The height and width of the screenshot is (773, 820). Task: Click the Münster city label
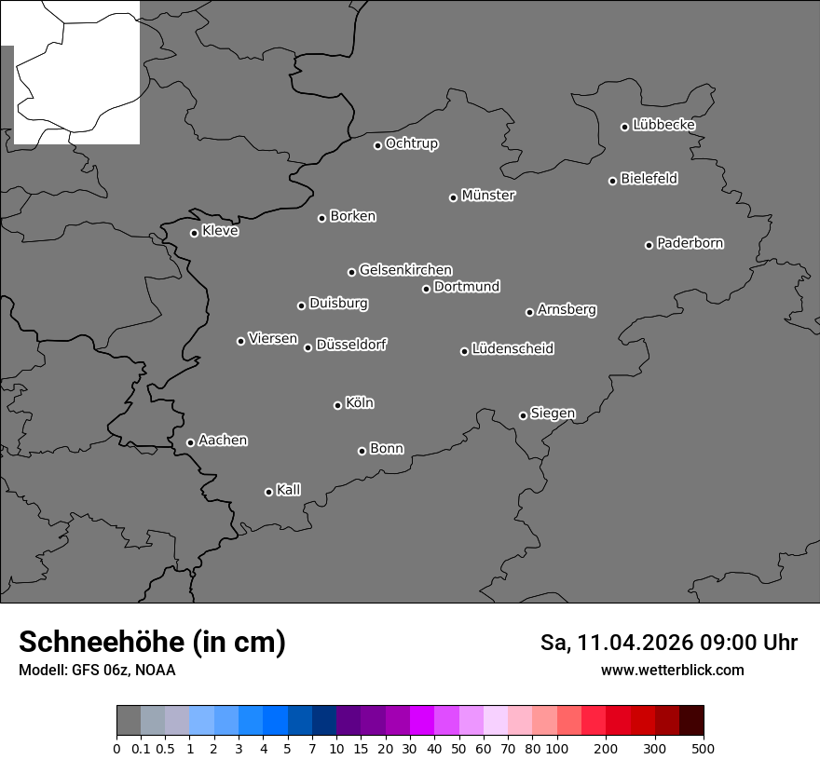[488, 196]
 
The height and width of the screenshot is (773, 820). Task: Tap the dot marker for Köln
[337, 405]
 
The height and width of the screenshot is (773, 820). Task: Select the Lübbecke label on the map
[663, 125]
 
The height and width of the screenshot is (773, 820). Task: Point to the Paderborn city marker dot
[649, 245]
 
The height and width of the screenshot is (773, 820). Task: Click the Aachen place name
[223, 441]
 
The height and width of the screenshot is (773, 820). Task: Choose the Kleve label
[220, 231]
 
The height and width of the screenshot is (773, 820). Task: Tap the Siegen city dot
[523, 415]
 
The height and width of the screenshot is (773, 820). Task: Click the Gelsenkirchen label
[405, 270]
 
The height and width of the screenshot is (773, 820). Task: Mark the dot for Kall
[268, 492]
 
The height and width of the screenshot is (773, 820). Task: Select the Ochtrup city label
[412, 143]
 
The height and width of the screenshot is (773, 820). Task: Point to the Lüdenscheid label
[512, 349]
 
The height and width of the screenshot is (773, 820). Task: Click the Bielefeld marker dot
[613, 181]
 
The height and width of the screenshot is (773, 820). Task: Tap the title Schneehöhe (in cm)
[152, 642]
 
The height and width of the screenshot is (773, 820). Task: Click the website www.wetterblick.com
[672, 670]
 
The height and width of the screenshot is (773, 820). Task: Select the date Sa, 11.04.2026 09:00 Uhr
[668, 643]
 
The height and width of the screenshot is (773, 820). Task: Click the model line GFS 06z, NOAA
[97, 670]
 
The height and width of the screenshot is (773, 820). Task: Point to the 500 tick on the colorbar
[704, 748]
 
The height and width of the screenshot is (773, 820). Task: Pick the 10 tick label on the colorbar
[335, 748]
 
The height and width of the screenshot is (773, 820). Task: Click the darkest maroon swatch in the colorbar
[691, 721]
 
